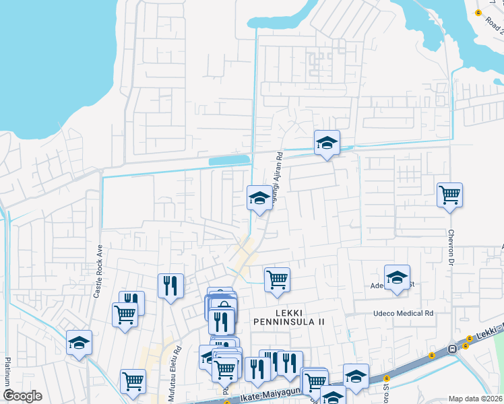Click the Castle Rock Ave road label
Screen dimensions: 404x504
[98, 271]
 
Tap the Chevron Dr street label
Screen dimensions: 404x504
[452, 250]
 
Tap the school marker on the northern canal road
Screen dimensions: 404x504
[327, 143]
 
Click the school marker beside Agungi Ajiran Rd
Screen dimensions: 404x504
[259, 198]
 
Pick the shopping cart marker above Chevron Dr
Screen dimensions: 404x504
[449, 195]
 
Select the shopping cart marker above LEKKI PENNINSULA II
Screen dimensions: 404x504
[277, 279]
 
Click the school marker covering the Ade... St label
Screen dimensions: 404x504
[397, 277]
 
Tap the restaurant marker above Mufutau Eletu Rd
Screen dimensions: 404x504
[170, 285]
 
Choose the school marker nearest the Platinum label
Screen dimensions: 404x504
[79, 343]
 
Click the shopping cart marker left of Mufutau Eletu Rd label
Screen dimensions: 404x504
[133, 381]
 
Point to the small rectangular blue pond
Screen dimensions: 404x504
[228, 160]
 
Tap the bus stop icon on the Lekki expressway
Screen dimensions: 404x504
[452, 348]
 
